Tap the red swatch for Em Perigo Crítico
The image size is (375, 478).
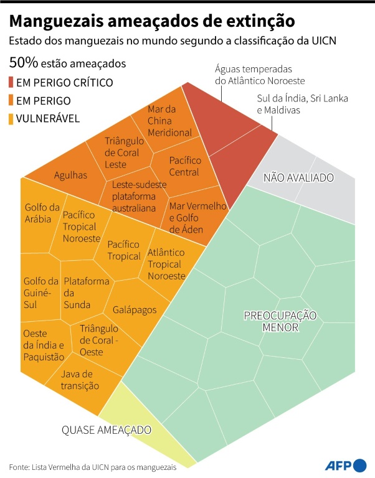tap(13, 82)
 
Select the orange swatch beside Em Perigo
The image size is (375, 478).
tap(13, 100)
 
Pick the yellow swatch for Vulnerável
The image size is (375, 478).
tap(13, 118)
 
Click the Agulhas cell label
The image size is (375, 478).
tap(70, 176)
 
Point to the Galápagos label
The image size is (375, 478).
tap(135, 309)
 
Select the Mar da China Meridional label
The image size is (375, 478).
tap(169, 121)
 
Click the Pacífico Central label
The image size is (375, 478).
tap(184, 166)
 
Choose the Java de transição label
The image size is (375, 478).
tap(80, 380)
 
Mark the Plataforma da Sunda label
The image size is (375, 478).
tap(87, 293)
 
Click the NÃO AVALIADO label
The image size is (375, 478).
tap(298, 177)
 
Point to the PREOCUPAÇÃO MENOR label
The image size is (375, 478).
tap(280, 321)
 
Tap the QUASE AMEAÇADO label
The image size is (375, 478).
tap(106, 430)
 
